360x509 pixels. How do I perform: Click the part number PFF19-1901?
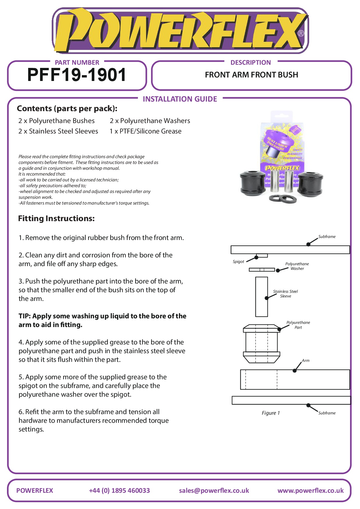pos(77,75)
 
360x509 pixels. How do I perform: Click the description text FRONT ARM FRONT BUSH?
pos(251,75)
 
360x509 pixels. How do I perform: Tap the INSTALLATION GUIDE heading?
pos(180,99)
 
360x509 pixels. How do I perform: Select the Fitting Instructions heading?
pos(56,219)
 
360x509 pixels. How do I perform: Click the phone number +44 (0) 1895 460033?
pos(119,490)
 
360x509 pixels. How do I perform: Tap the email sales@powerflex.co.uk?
pos(214,490)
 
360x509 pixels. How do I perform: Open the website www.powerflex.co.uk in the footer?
pos(310,490)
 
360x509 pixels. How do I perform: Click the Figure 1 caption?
pos(271,413)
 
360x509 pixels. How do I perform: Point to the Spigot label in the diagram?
pos(238,262)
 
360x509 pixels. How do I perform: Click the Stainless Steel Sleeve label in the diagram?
pos(285,294)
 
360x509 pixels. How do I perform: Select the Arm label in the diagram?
pos(306,360)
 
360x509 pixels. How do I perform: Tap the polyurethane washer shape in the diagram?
pos(262,270)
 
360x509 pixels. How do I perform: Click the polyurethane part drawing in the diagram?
pos(261,344)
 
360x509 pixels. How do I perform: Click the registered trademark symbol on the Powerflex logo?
pos(301,33)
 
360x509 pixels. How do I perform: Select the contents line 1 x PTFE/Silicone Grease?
pos(145,131)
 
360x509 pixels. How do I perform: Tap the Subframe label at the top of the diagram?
pos(327,237)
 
